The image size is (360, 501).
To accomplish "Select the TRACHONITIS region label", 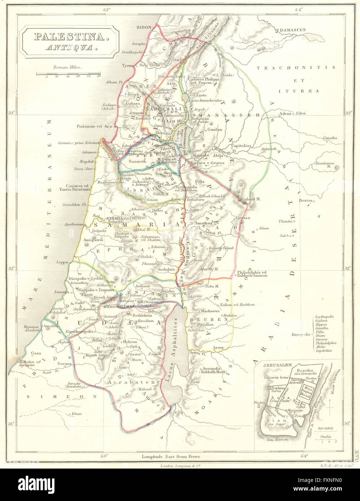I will (295, 68).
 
